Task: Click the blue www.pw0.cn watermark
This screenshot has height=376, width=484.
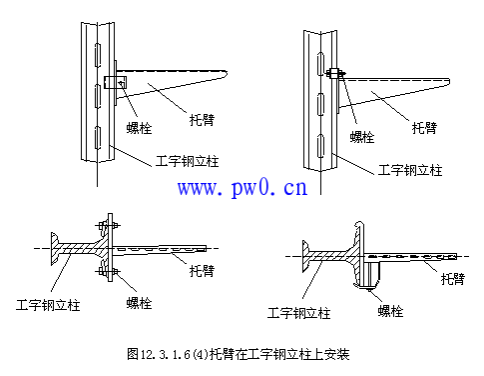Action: (242, 188)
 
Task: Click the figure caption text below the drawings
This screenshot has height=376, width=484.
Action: (239, 354)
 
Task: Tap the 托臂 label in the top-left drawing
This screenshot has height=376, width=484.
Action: (202, 120)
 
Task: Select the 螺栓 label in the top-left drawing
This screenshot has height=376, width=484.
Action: (139, 128)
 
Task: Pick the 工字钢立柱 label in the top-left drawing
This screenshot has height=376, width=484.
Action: (188, 161)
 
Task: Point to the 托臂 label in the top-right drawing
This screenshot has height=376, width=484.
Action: (424, 128)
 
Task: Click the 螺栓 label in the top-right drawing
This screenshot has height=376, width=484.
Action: (362, 137)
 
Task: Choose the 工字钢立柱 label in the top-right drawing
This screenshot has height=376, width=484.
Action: (410, 170)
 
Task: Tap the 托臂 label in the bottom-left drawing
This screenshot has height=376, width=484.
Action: (202, 271)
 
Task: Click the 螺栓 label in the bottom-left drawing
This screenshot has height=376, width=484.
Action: (139, 303)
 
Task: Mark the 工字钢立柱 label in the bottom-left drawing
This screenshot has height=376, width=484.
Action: (48, 305)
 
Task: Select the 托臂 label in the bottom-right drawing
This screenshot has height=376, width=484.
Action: (453, 279)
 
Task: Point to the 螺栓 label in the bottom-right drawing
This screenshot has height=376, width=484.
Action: (390, 311)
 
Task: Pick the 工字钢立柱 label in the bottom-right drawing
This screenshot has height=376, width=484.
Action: (299, 313)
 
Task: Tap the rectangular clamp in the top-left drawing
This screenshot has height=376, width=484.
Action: (115, 82)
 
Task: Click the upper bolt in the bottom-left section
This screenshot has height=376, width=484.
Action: (108, 226)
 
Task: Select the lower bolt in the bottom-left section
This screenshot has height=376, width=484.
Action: (108, 272)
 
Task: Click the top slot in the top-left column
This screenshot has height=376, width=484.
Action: (98, 54)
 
